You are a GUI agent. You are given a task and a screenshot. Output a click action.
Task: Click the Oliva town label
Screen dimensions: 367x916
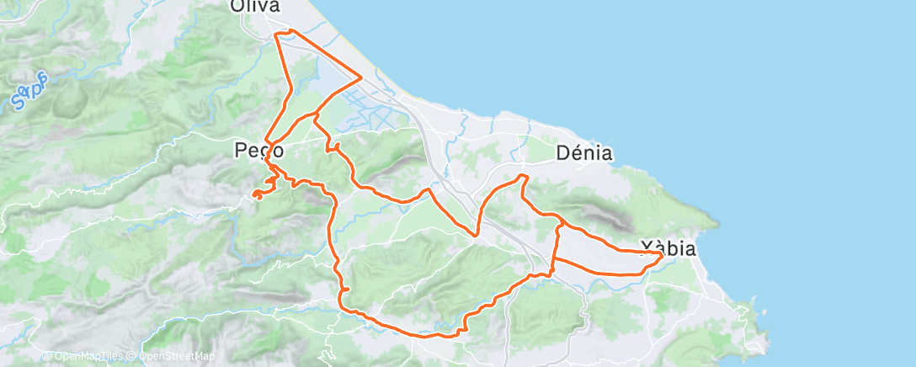(255, 8)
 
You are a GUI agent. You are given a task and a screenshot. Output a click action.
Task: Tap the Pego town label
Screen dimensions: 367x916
(258, 152)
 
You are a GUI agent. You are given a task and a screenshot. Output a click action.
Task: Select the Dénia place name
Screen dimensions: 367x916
(583, 153)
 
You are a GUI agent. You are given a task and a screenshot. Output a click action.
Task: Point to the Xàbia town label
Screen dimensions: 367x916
(668, 248)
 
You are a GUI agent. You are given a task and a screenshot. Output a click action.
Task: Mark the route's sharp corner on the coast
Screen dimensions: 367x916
(361, 77)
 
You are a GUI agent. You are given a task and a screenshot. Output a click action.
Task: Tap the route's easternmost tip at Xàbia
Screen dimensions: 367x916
(662, 253)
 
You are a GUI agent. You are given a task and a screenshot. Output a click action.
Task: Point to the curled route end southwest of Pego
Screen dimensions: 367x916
(255, 196)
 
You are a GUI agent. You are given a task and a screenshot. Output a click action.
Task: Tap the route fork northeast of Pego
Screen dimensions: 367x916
(315, 114)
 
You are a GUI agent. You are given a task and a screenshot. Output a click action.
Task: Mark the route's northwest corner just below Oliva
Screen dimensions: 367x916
(277, 35)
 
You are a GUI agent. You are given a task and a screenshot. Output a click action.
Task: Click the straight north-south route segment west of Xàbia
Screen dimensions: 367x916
(555, 248)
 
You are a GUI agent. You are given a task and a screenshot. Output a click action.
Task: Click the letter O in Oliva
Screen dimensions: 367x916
(238, 8)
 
